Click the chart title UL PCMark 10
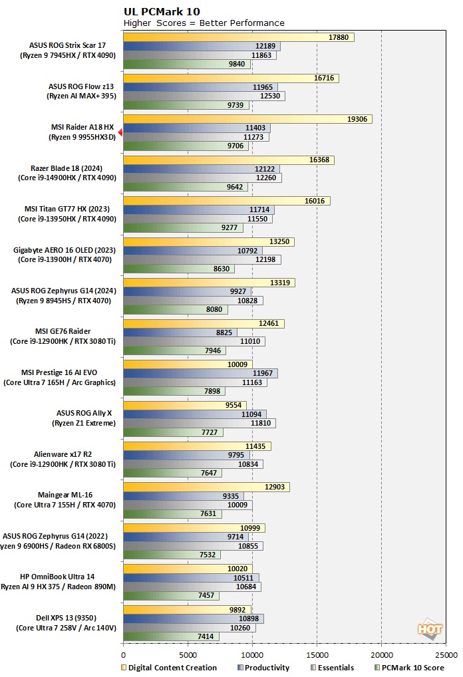(161, 11)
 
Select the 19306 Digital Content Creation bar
(247, 119)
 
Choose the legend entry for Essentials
(332, 668)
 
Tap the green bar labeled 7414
(170, 636)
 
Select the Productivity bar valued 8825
(180, 333)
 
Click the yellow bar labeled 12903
(206, 487)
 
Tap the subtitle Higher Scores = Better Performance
(204, 23)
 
